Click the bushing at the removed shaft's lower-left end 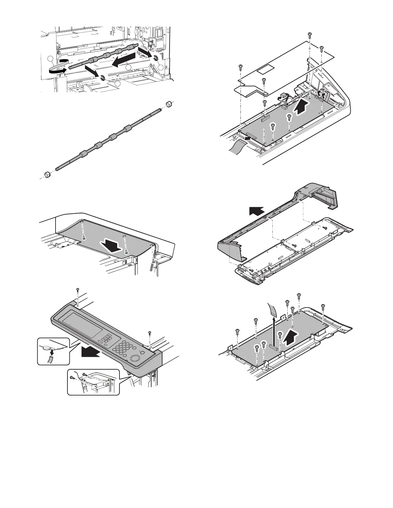47,175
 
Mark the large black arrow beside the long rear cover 257,212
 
